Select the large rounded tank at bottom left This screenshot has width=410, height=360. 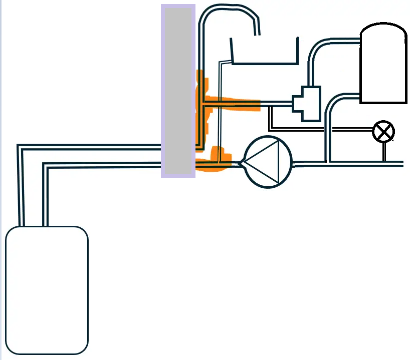tap(47, 290)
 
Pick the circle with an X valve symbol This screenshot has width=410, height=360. tap(383, 132)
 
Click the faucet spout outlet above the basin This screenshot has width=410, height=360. tap(258, 33)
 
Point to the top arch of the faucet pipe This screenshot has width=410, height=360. tap(228, 9)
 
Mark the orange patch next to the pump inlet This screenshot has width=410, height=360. tap(219, 159)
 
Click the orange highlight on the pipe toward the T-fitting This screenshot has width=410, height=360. tap(236, 104)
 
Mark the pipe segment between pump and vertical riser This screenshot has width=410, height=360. tap(309, 163)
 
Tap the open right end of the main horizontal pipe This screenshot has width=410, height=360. tap(401, 164)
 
